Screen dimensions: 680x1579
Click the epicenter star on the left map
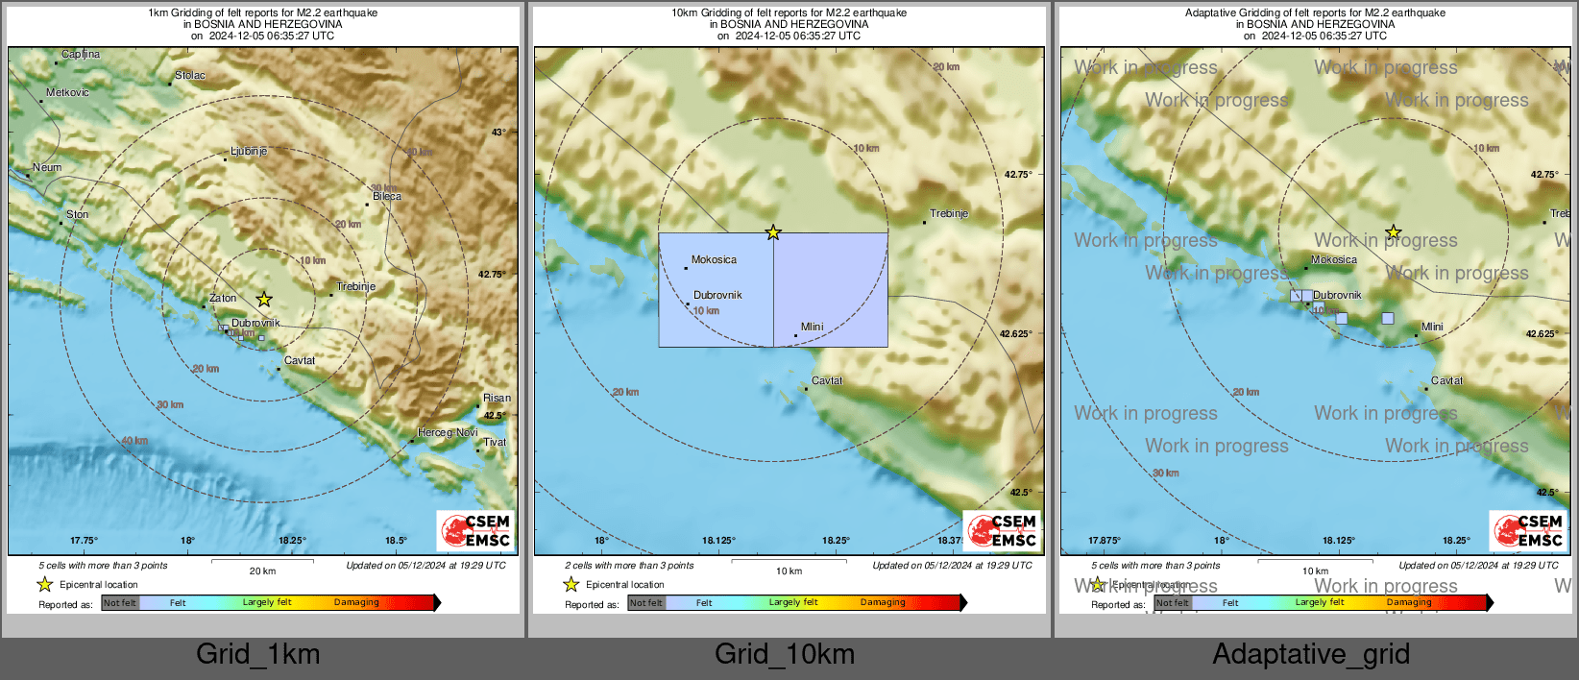(x=264, y=300)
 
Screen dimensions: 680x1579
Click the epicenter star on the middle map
(x=773, y=232)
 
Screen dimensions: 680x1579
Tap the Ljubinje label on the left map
(x=249, y=152)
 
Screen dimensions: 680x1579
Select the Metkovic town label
(x=67, y=93)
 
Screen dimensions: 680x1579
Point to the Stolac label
(x=190, y=76)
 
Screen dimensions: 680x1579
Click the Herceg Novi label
(x=448, y=433)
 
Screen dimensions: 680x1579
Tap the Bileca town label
(x=387, y=197)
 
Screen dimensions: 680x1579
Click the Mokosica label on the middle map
(x=714, y=260)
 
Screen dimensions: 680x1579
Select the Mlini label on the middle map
(x=812, y=328)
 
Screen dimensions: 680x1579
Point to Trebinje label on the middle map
(x=949, y=214)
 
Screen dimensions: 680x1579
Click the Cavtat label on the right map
(x=1446, y=381)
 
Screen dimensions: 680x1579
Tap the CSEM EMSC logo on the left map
(x=475, y=530)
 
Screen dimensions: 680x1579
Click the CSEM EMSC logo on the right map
(x=1528, y=530)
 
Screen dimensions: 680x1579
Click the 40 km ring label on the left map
(x=134, y=441)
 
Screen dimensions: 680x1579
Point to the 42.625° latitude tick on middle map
(x=1015, y=334)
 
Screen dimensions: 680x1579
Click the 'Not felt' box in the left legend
(x=120, y=603)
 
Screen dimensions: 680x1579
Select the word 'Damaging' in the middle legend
(x=883, y=603)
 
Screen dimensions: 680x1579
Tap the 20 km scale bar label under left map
(x=262, y=571)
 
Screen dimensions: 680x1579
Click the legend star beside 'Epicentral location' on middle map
(x=571, y=584)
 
